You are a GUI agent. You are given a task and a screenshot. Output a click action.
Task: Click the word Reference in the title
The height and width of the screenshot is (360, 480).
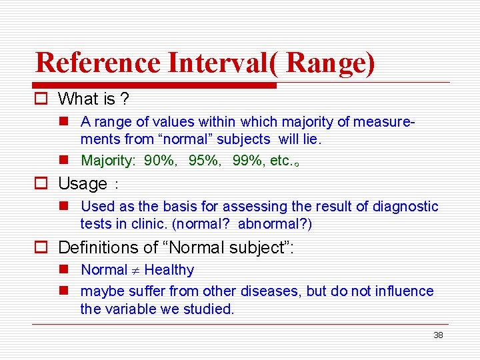click(x=98, y=63)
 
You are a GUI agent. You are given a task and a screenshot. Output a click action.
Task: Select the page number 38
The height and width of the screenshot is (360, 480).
click(x=438, y=335)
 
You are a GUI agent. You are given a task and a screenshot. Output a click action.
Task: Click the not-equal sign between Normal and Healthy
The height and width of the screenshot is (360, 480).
click(x=135, y=270)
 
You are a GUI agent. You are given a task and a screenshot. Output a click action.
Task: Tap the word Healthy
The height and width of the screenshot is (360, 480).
click(x=169, y=270)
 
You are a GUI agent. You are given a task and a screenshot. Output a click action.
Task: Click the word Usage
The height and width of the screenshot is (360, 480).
click(x=83, y=183)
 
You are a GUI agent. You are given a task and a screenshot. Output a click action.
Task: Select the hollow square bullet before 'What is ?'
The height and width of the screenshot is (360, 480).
click(x=43, y=99)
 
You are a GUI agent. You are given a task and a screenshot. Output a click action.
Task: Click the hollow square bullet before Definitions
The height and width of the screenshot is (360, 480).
click(x=43, y=247)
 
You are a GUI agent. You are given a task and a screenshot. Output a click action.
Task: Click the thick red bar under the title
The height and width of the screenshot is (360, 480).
click(x=155, y=85)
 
